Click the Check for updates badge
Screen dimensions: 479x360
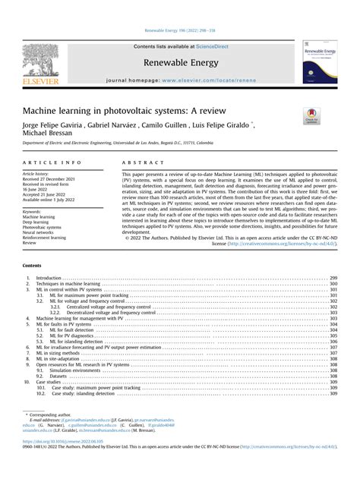pyautogui.click(x=312, y=115)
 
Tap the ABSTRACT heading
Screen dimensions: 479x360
pyautogui.click(x=142, y=163)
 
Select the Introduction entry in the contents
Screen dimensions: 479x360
pyautogui.click(x=49, y=279)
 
